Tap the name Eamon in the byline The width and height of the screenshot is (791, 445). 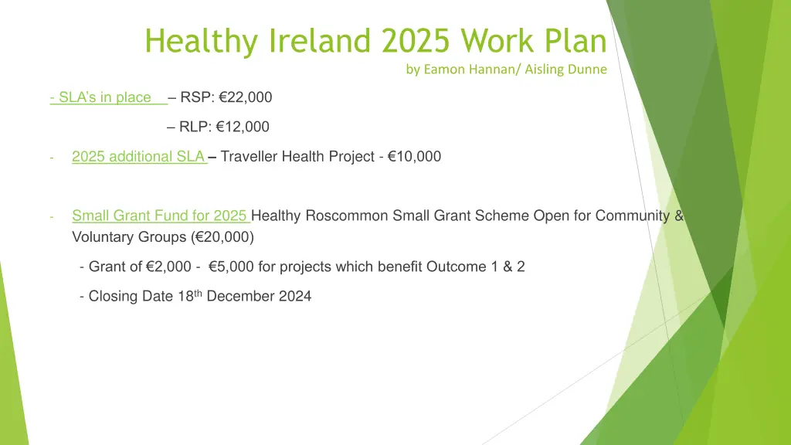444,70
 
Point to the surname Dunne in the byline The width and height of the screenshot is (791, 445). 588,70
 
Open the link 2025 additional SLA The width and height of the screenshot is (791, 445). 137,157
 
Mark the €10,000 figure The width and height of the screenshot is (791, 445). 414,157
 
